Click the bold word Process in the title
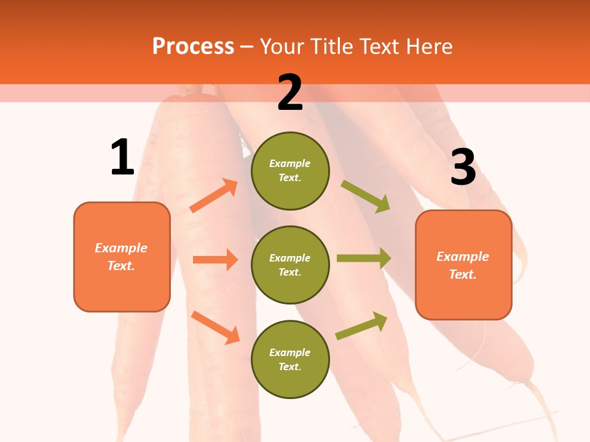[193, 47]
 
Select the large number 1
[122, 157]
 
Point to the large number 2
[290, 93]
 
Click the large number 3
[463, 167]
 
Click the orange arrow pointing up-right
[214, 196]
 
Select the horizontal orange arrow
[215, 260]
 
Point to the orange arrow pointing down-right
[215, 327]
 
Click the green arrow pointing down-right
[366, 196]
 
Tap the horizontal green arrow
[364, 258]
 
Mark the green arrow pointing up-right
[362, 325]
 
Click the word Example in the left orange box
[121, 248]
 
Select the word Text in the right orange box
[462, 274]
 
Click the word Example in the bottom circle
[290, 352]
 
